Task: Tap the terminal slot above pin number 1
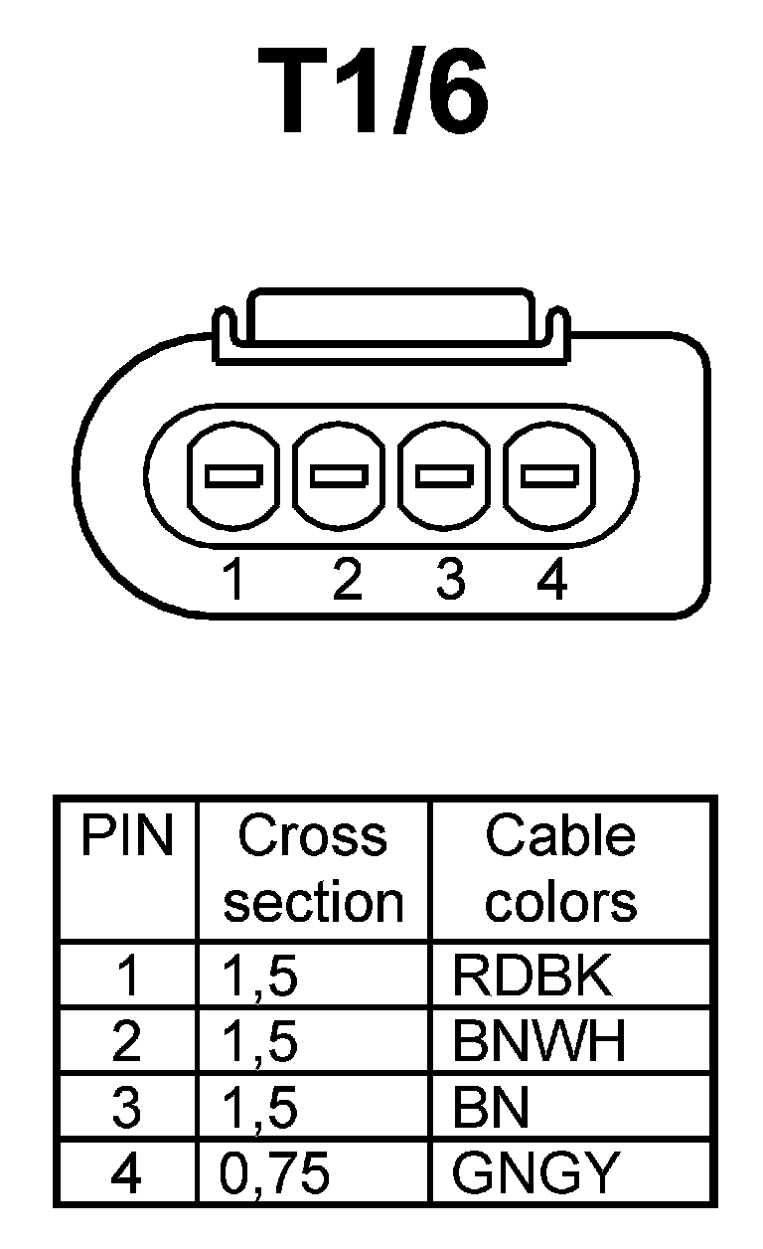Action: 234,475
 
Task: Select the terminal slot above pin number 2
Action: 341,475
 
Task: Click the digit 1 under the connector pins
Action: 234,579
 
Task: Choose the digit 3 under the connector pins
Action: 450,579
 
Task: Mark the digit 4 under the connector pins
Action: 552,579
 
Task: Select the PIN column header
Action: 126,836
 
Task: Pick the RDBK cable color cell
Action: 533,977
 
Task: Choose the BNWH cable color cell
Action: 538,1042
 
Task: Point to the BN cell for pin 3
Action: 491,1108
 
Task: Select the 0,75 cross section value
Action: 275,1173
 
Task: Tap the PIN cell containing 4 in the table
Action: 126,1173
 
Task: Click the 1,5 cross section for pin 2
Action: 260,1042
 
